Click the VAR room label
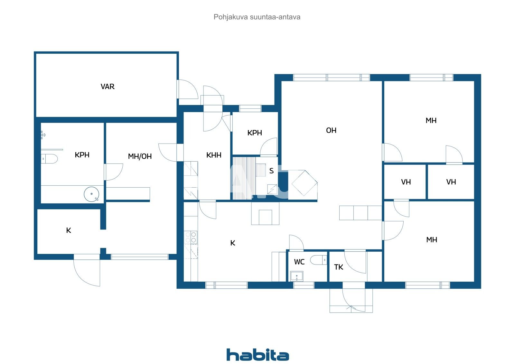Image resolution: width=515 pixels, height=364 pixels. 108,87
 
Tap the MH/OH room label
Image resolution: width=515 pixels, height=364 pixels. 140,156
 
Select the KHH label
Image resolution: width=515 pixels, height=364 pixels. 214,155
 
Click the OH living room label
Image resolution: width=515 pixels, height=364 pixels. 331,130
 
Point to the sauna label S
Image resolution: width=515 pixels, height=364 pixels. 271,171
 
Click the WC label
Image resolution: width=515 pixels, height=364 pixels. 299,262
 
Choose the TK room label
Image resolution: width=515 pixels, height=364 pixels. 339,267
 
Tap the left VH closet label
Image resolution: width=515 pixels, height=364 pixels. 406,182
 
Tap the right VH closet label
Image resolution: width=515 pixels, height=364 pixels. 451,182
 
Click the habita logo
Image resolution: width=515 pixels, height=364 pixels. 257,355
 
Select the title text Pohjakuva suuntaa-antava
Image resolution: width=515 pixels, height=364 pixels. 257,17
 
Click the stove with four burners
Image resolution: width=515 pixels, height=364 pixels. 191,237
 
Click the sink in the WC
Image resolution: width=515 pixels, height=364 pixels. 296,276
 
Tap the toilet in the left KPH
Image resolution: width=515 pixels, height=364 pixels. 50,159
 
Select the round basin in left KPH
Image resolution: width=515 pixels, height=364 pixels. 92,194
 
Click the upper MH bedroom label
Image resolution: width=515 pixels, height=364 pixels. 431,121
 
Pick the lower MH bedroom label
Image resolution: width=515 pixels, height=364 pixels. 431,240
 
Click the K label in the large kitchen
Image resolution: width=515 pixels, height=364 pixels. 233,243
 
